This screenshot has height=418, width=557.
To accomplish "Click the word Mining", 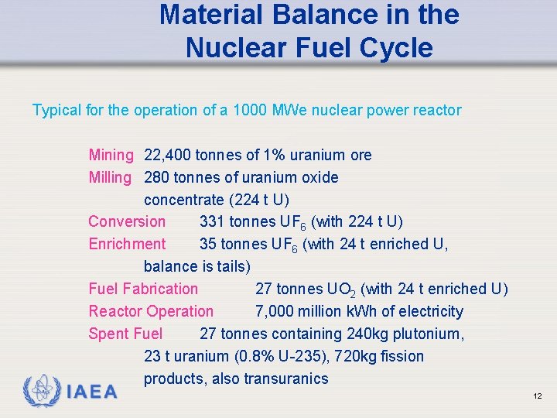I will [111, 156].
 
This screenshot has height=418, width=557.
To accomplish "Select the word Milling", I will [110, 178].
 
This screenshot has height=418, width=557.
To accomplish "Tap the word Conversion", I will [127, 222].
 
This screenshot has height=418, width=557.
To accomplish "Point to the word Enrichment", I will [127, 245].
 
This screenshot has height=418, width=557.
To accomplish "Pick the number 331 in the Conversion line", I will [212, 222].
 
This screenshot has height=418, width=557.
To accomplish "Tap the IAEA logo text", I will [92, 392].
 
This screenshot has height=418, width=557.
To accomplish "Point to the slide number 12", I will [537, 396].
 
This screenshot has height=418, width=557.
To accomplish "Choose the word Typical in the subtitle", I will [56, 111].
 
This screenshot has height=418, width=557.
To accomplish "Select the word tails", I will [231, 267].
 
